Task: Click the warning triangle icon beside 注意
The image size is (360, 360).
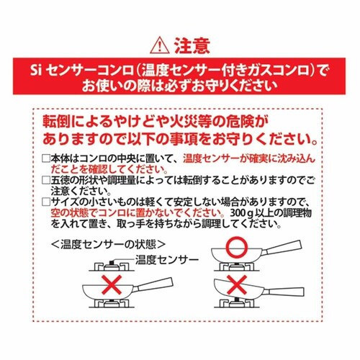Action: [160, 47]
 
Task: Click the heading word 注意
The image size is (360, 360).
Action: [192, 45]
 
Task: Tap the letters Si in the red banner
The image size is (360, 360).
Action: [36, 71]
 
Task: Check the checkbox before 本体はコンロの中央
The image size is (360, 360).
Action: [46, 159]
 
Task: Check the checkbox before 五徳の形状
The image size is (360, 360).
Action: [46, 181]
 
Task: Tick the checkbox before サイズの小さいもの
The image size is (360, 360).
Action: [46, 202]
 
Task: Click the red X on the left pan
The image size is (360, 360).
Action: [112, 285]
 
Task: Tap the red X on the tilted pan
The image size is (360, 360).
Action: [237, 284]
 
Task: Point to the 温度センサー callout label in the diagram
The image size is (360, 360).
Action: [167, 260]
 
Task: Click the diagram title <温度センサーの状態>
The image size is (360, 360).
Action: [108, 245]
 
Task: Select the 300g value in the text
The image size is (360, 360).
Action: [240, 213]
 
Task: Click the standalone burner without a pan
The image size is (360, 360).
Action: [111, 266]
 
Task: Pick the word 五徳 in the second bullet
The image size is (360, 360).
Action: [60, 181]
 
